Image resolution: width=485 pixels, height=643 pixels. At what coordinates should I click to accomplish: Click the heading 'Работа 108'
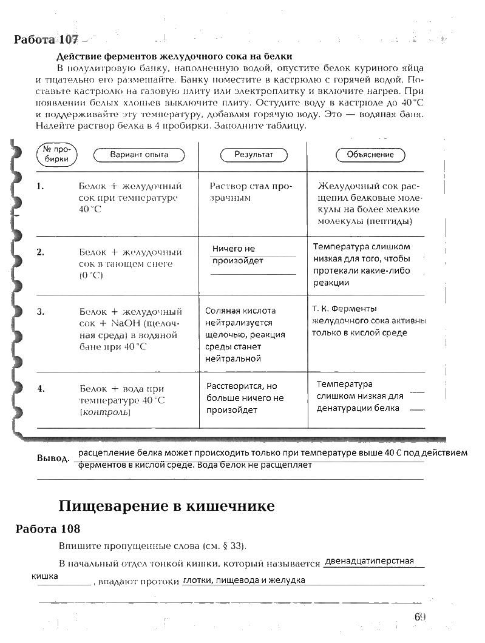tap(48, 528)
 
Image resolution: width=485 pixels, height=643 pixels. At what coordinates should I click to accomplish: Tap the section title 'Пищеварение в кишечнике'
tap(166, 506)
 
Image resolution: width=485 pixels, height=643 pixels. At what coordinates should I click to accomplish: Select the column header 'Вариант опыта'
tap(139, 155)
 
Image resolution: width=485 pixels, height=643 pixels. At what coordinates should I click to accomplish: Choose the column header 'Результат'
tap(254, 155)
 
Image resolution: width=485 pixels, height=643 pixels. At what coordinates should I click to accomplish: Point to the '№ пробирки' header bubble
tap(58, 155)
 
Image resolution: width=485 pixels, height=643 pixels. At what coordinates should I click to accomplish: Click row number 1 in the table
tap(40, 186)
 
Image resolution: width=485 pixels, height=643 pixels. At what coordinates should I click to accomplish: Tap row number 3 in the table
tap(40, 312)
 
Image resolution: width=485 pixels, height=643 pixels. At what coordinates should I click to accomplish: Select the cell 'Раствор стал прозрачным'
tap(251, 192)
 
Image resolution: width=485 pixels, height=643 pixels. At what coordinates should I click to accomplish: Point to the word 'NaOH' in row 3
tap(126, 323)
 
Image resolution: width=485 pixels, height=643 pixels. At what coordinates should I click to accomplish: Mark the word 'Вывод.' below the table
tap(53, 458)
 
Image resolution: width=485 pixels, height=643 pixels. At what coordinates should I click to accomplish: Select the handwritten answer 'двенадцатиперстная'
tap(369, 561)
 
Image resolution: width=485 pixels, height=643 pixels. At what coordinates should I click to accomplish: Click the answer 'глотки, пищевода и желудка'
tap(243, 580)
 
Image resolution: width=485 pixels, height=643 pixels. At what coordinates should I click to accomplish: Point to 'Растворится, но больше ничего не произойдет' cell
tap(245, 398)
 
